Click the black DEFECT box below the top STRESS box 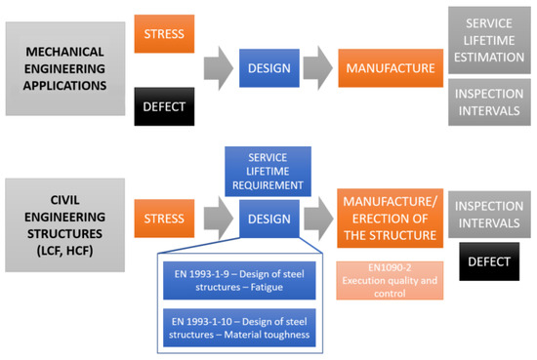coord(164,104)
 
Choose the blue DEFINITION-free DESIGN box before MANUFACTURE coord(268,68)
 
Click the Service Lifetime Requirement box coord(268,167)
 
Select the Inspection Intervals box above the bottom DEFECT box coord(492,213)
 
